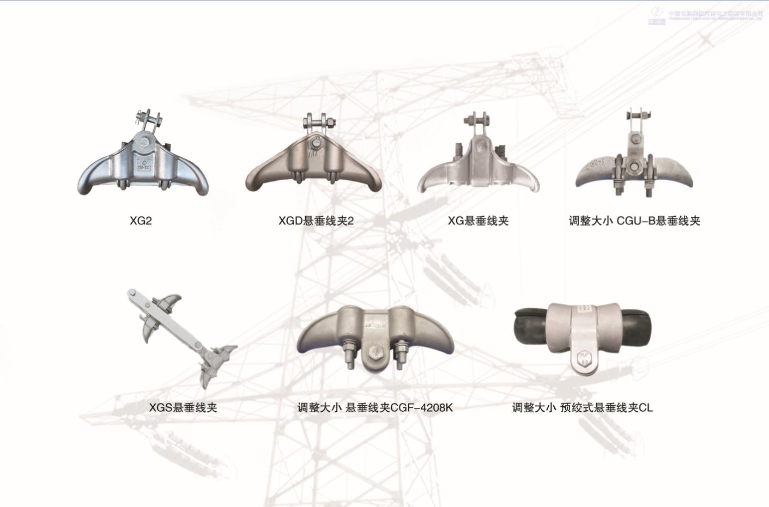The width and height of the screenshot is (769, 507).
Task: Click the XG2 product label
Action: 141,221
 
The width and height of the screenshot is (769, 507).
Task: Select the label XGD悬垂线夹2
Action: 316,221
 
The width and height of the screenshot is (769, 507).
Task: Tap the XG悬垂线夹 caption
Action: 478,221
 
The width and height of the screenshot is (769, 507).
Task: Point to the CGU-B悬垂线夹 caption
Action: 634,221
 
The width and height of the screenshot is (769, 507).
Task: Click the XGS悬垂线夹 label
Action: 183,407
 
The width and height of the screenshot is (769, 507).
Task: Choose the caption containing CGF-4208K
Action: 375,407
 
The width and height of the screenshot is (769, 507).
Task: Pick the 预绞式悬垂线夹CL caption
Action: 582,407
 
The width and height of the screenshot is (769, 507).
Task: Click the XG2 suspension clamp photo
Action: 143,163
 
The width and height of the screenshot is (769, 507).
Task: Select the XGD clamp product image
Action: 313,163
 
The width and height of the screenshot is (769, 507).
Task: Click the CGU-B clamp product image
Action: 634,163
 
